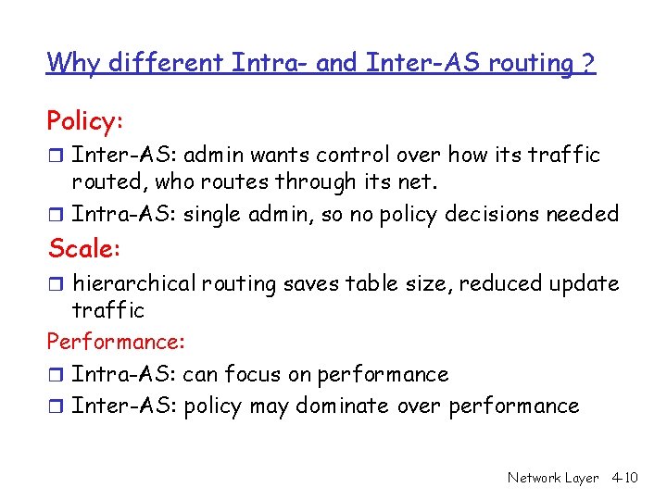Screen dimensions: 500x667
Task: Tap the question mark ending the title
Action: (588, 63)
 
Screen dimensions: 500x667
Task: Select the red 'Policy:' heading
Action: (85, 121)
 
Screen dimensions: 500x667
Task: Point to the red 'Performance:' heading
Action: (116, 342)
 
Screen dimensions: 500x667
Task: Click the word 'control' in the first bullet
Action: (369, 155)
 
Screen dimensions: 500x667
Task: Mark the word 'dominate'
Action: (346, 406)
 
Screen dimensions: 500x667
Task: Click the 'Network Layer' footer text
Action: (553, 478)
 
